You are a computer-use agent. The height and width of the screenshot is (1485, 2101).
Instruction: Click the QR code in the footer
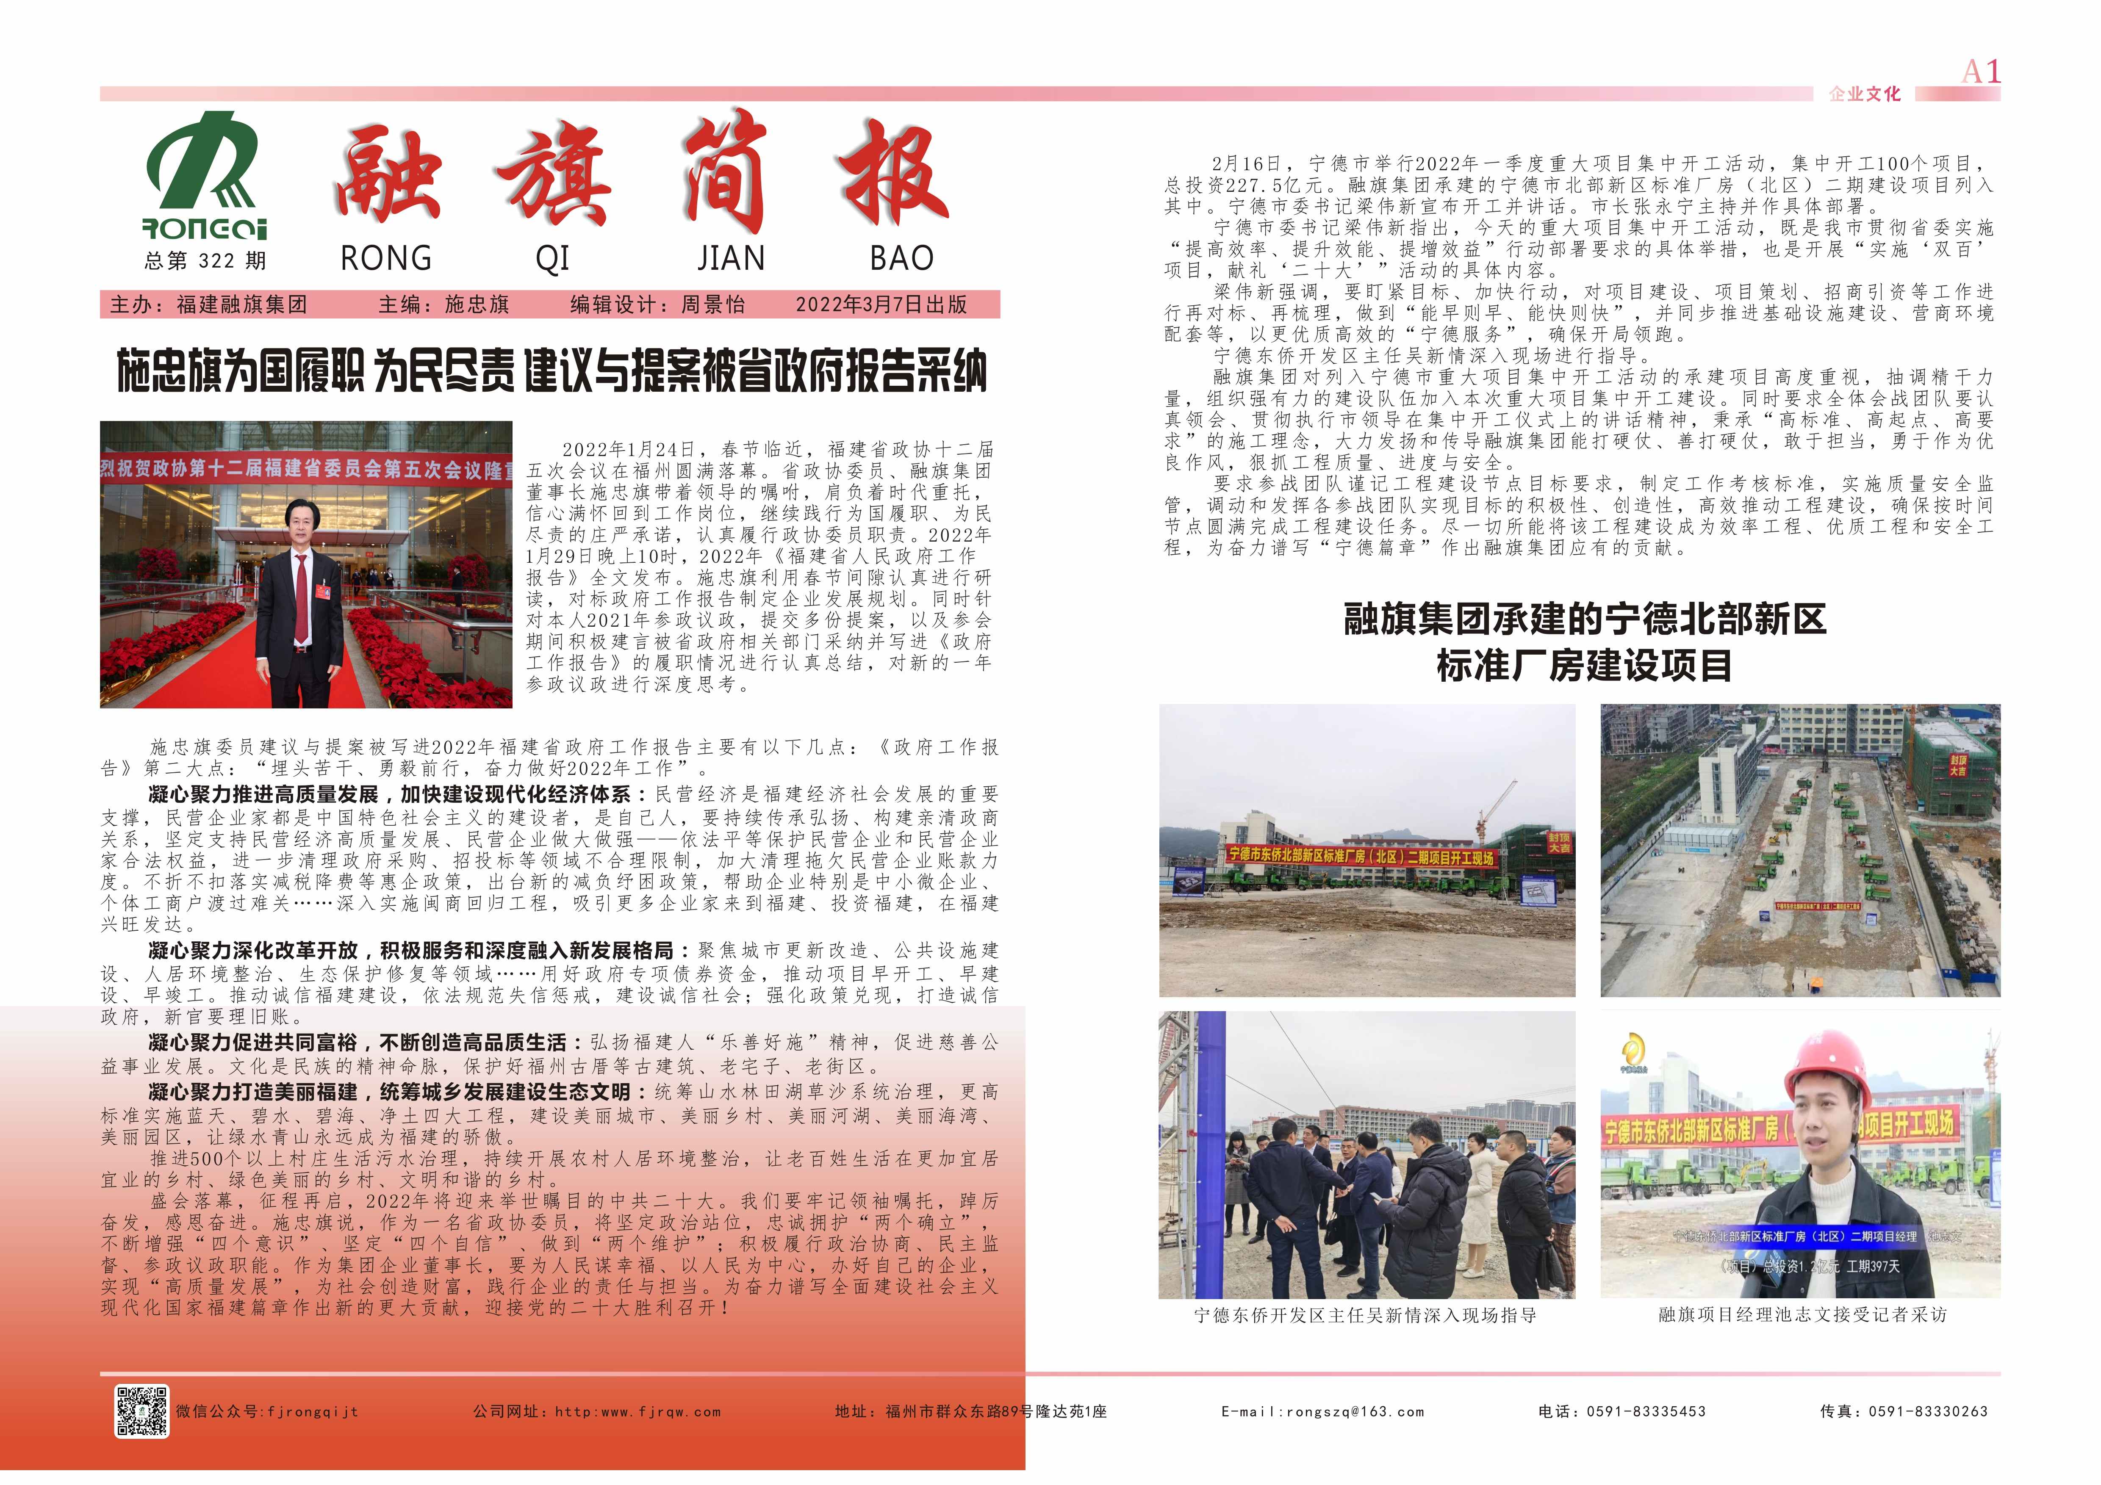(142, 1410)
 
